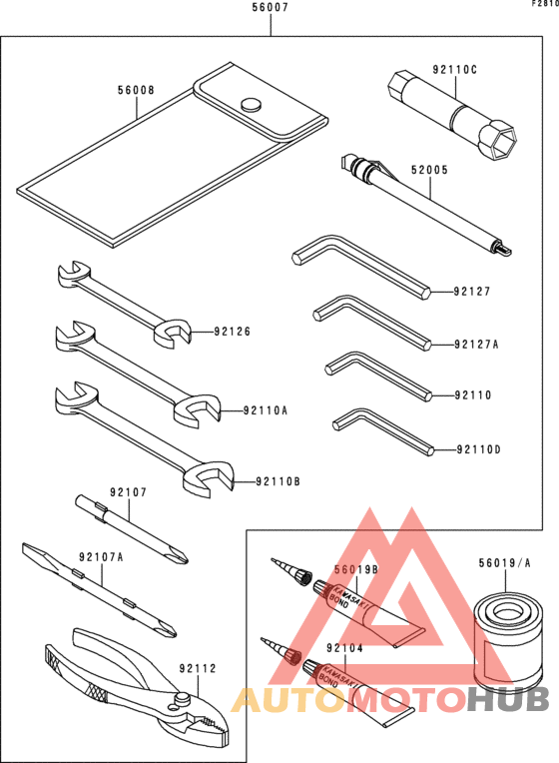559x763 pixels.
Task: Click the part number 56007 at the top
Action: click(271, 7)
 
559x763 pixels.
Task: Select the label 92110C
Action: click(455, 70)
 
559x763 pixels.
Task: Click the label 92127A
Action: click(475, 345)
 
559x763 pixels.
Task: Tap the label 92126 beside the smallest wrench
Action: click(233, 332)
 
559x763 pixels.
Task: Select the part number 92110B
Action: click(277, 481)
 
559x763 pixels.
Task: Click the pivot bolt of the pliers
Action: click(183, 698)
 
